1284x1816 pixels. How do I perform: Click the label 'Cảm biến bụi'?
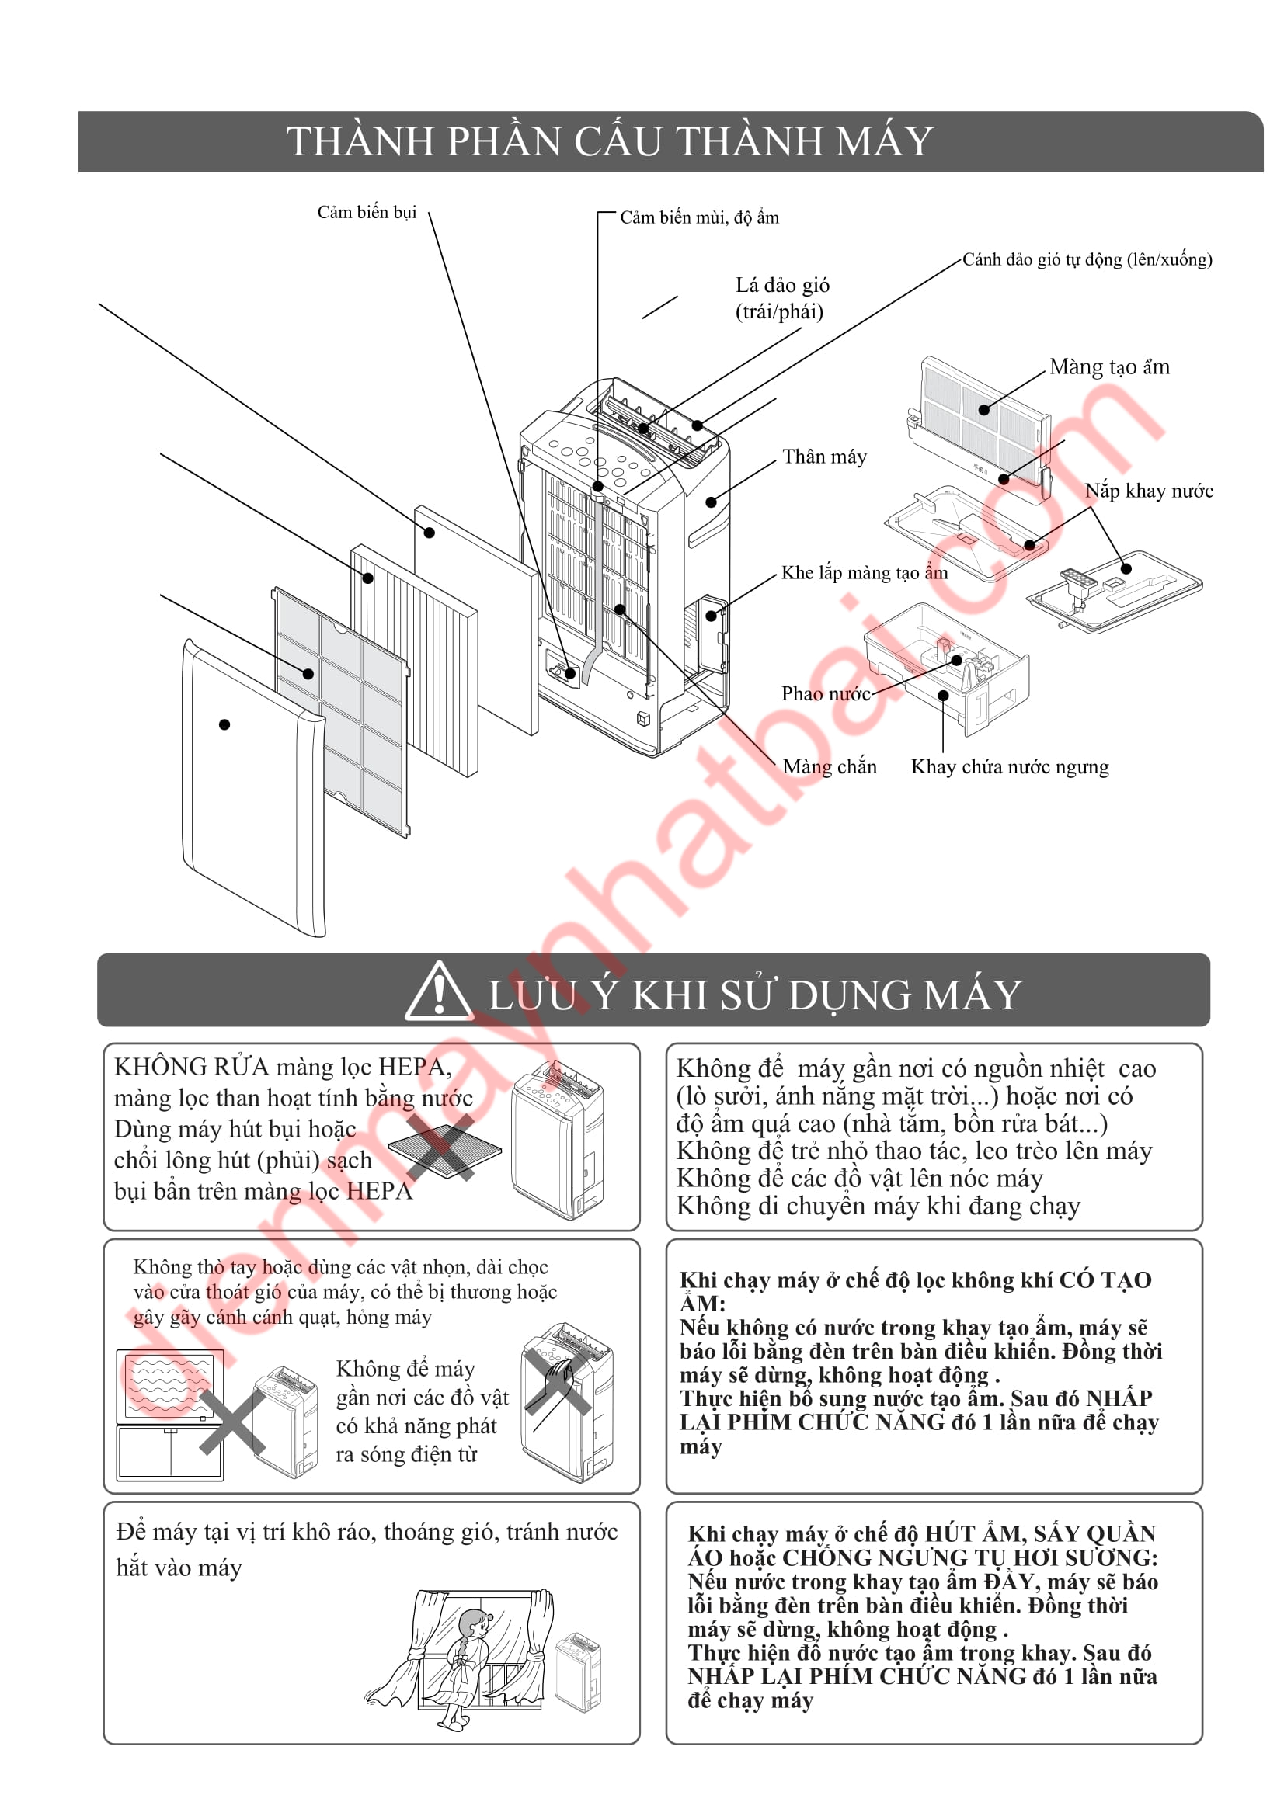pyautogui.click(x=367, y=212)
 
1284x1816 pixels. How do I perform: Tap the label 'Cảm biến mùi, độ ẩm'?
pyautogui.click(x=698, y=217)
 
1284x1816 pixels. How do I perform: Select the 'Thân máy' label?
pyautogui.click(x=824, y=457)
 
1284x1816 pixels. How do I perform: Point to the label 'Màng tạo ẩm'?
pyautogui.click(x=1108, y=367)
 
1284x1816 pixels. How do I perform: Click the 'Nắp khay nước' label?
pyautogui.click(x=1148, y=491)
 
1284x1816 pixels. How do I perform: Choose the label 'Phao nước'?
pyautogui.click(x=825, y=693)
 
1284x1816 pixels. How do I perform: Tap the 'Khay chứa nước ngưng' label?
pyautogui.click(x=1010, y=766)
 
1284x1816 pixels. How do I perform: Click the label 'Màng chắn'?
pyautogui.click(x=829, y=766)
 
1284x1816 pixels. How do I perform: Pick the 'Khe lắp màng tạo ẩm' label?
pyautogui.click(x=864, y=573)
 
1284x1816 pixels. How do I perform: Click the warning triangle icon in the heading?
pyautogui.click(x=437, y=993)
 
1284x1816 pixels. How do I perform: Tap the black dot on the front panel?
pyautogui.click(x=224, y=724)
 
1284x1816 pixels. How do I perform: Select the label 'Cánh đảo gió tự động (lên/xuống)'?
pyautogui.click(x=1086, y=259)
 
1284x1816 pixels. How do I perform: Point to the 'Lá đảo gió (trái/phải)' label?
pyautogui.click(x=781, y=298)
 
